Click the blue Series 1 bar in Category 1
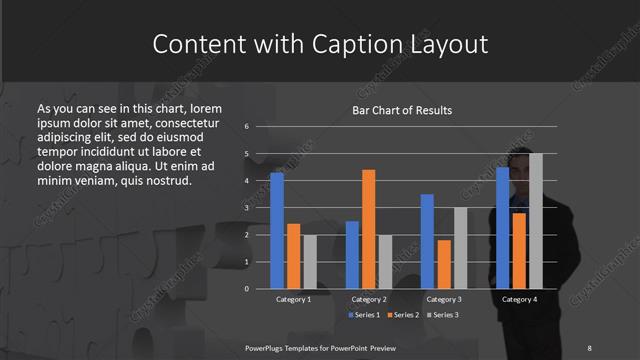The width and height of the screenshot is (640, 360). [277, 231]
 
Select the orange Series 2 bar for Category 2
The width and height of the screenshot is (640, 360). [369, 229]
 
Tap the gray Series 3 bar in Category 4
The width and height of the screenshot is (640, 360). [536, 221]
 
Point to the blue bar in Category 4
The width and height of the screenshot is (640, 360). [502, 228]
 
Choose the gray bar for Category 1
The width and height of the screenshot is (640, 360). [310, 262]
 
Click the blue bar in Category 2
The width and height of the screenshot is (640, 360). [352, 255]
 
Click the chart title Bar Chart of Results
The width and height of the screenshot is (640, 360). [402, 110]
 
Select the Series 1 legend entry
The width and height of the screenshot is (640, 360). [365, 316]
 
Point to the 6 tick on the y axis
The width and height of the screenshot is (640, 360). [246, 127]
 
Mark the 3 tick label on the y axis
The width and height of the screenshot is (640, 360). [246, 208]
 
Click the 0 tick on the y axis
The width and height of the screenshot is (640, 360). [246, 289]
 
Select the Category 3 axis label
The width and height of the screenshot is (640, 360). [444, 299]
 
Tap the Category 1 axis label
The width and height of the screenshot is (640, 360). [293, 299]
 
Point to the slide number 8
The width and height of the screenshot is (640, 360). [589, 348]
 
